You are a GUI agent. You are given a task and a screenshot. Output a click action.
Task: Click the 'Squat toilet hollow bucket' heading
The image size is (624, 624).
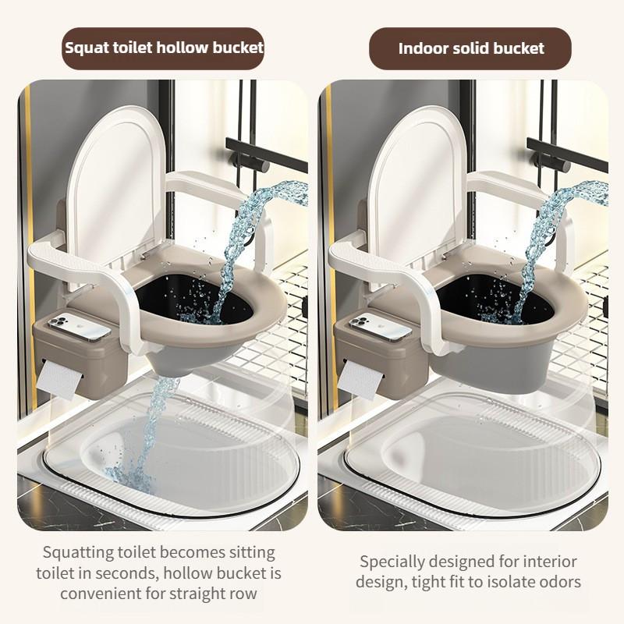164,48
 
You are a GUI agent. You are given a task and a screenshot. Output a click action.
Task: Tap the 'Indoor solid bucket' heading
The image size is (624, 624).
470,48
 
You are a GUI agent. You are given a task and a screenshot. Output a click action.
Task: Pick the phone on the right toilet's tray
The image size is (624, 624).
381,327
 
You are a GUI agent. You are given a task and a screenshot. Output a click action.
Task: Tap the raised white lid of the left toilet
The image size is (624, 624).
116,179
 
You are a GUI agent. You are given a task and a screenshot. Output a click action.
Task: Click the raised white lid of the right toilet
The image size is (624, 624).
417,179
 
